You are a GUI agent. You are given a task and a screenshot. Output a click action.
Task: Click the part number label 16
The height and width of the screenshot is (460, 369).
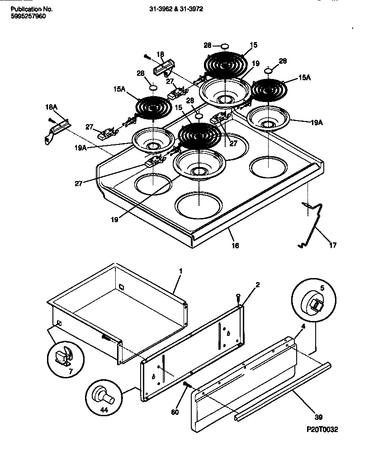click(235, 246)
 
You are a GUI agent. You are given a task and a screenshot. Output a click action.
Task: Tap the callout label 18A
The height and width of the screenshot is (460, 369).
click(52, 107)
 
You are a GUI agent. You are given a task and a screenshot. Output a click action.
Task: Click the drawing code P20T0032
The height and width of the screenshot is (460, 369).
click(321, 429)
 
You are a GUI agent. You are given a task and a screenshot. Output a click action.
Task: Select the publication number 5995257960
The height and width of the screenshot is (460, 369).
click(28, 16)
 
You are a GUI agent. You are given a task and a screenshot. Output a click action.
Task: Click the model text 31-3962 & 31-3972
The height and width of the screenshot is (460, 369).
click(173, 9)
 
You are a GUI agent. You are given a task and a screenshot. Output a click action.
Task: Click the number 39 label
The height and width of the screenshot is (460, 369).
click(319, 417)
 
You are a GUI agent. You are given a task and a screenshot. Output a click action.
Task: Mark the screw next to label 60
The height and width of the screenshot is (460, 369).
click(185, 384)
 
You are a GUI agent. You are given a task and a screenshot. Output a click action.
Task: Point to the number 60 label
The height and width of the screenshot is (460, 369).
click(175, 412)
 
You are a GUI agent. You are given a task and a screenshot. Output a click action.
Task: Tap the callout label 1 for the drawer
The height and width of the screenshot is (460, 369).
click(180, 271)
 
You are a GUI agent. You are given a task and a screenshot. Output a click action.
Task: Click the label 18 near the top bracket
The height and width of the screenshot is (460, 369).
click(160, 54)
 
